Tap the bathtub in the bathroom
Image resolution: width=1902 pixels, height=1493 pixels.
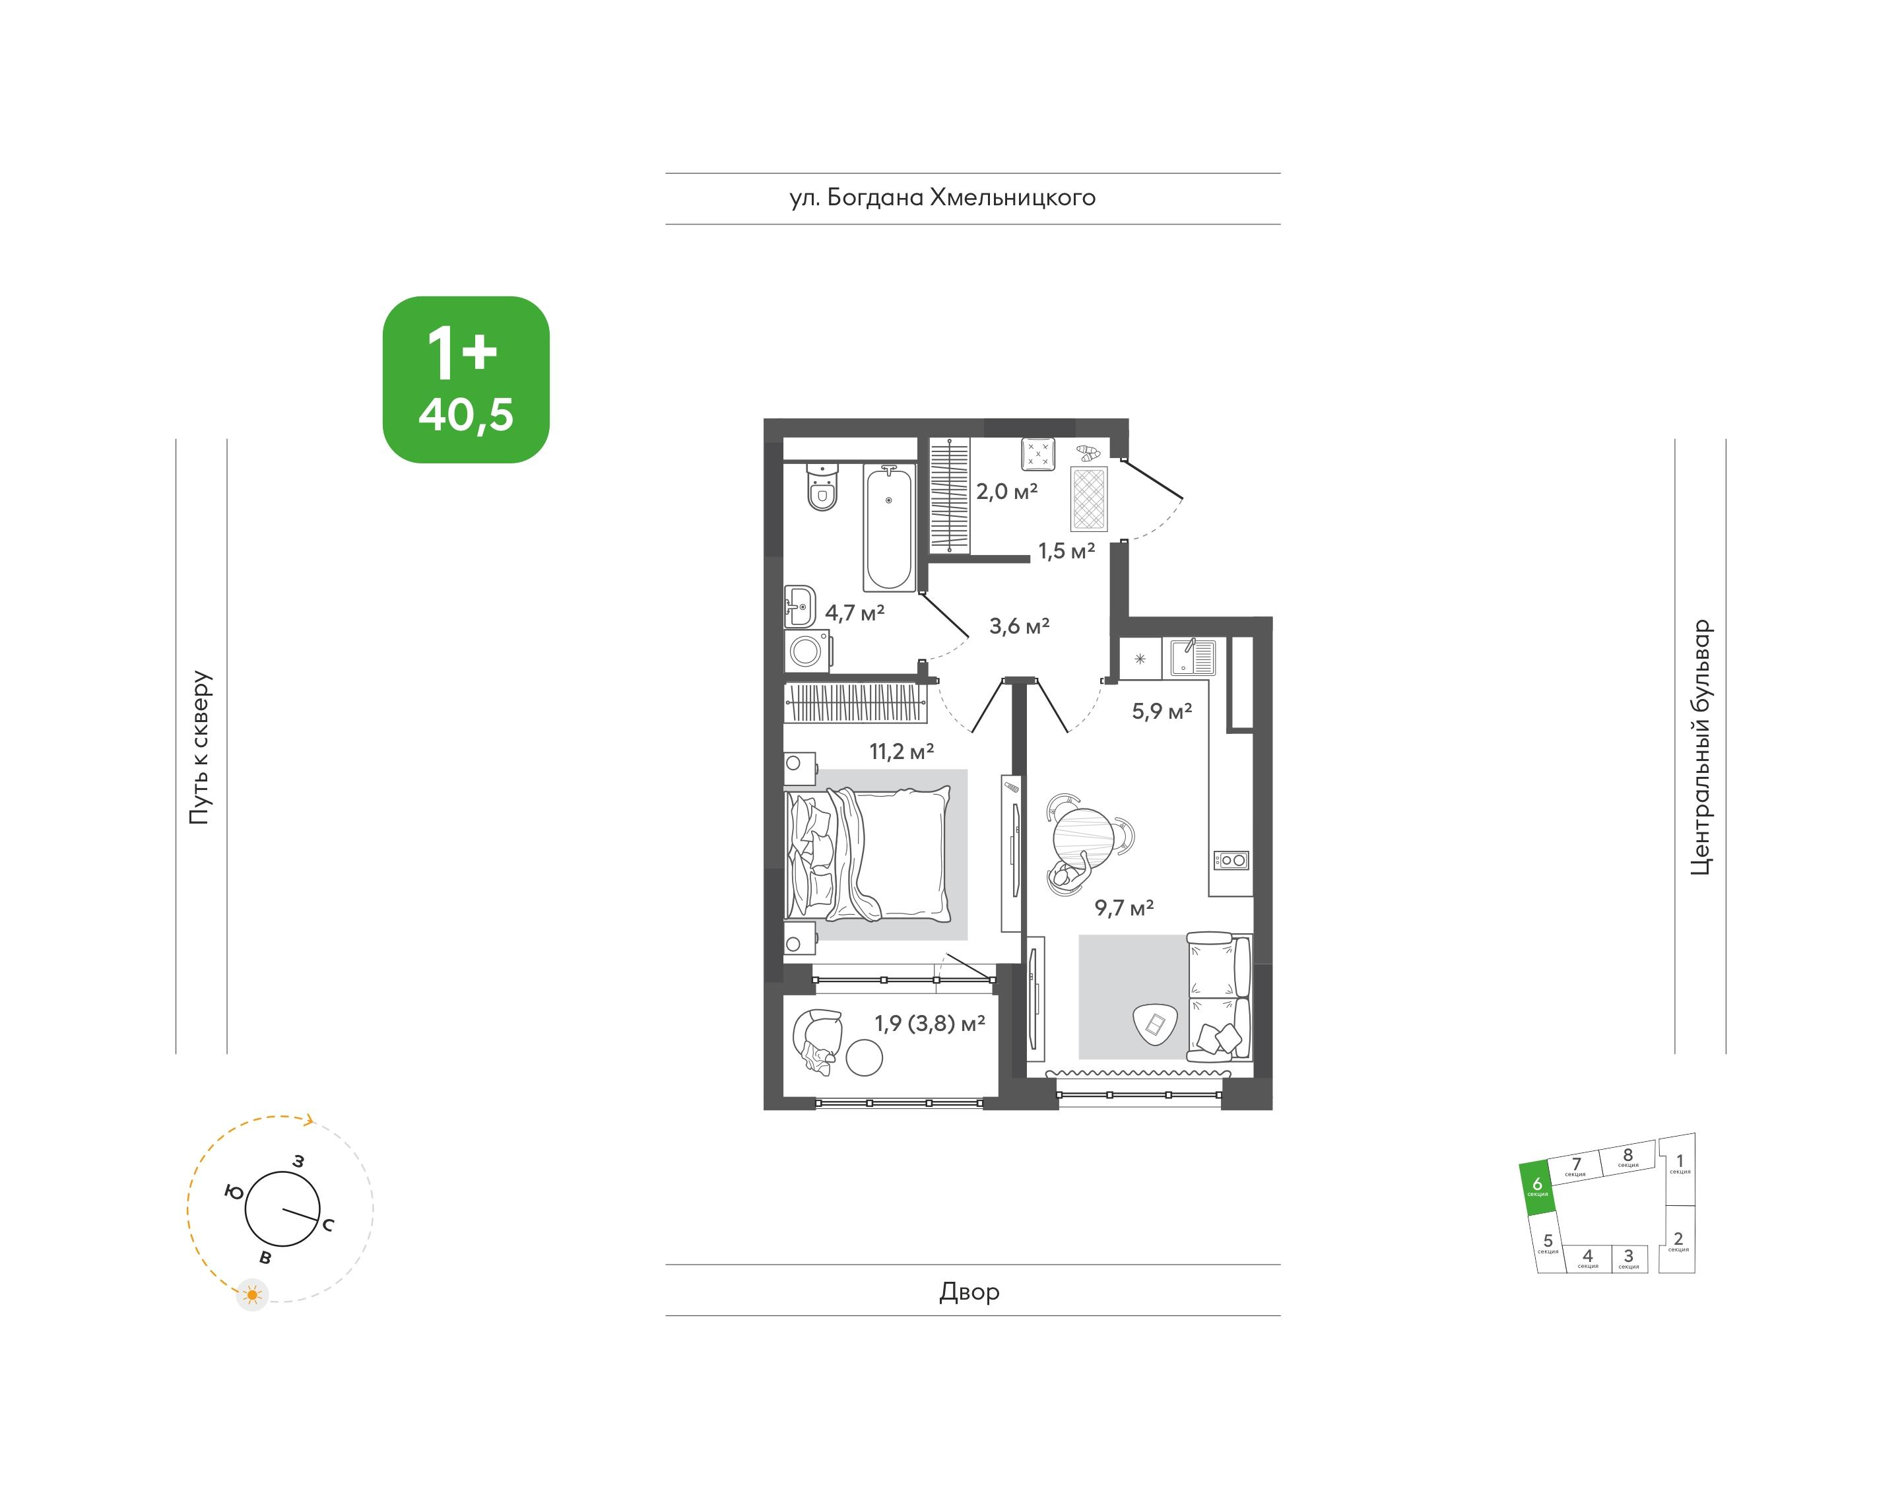889,528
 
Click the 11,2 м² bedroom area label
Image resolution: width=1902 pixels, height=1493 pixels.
902,751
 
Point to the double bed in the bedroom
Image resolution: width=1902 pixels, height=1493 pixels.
868,854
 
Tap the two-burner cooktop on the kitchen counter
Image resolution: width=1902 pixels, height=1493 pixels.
1231,860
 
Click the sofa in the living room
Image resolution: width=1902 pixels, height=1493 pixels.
1218,997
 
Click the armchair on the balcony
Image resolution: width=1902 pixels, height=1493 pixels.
816,1040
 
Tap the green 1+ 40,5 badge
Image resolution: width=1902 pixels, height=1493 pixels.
466,380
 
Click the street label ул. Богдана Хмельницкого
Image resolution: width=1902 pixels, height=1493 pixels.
942,197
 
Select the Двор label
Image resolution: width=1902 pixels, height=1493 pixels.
969,1291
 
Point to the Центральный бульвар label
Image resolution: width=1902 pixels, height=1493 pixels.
1700,747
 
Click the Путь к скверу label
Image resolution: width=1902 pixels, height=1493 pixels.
200,748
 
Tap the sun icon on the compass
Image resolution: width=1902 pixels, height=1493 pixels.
253,1294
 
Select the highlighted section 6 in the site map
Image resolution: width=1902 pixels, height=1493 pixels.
1538,1188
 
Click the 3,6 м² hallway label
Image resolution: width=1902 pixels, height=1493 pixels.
1019,626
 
